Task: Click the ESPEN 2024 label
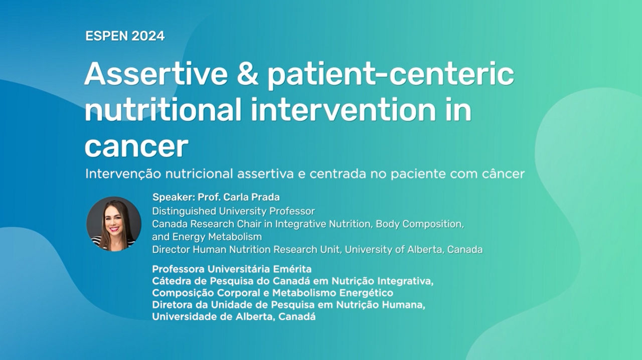pos(125,36)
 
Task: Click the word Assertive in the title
pos(156,74)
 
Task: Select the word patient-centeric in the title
pos(391,75)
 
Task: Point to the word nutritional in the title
pos(163,109)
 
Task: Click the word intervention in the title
pos(342,109)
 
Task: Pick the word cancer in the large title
pos(136,146)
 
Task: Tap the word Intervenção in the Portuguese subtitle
pos(123,173)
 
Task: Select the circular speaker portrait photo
pos(114,224)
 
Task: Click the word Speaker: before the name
pos(174,197)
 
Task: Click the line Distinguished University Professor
pos(233,211)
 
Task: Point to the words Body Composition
pos(420,224)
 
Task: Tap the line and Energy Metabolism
pos(207,237)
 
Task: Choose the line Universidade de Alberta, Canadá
pos(234,317)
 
